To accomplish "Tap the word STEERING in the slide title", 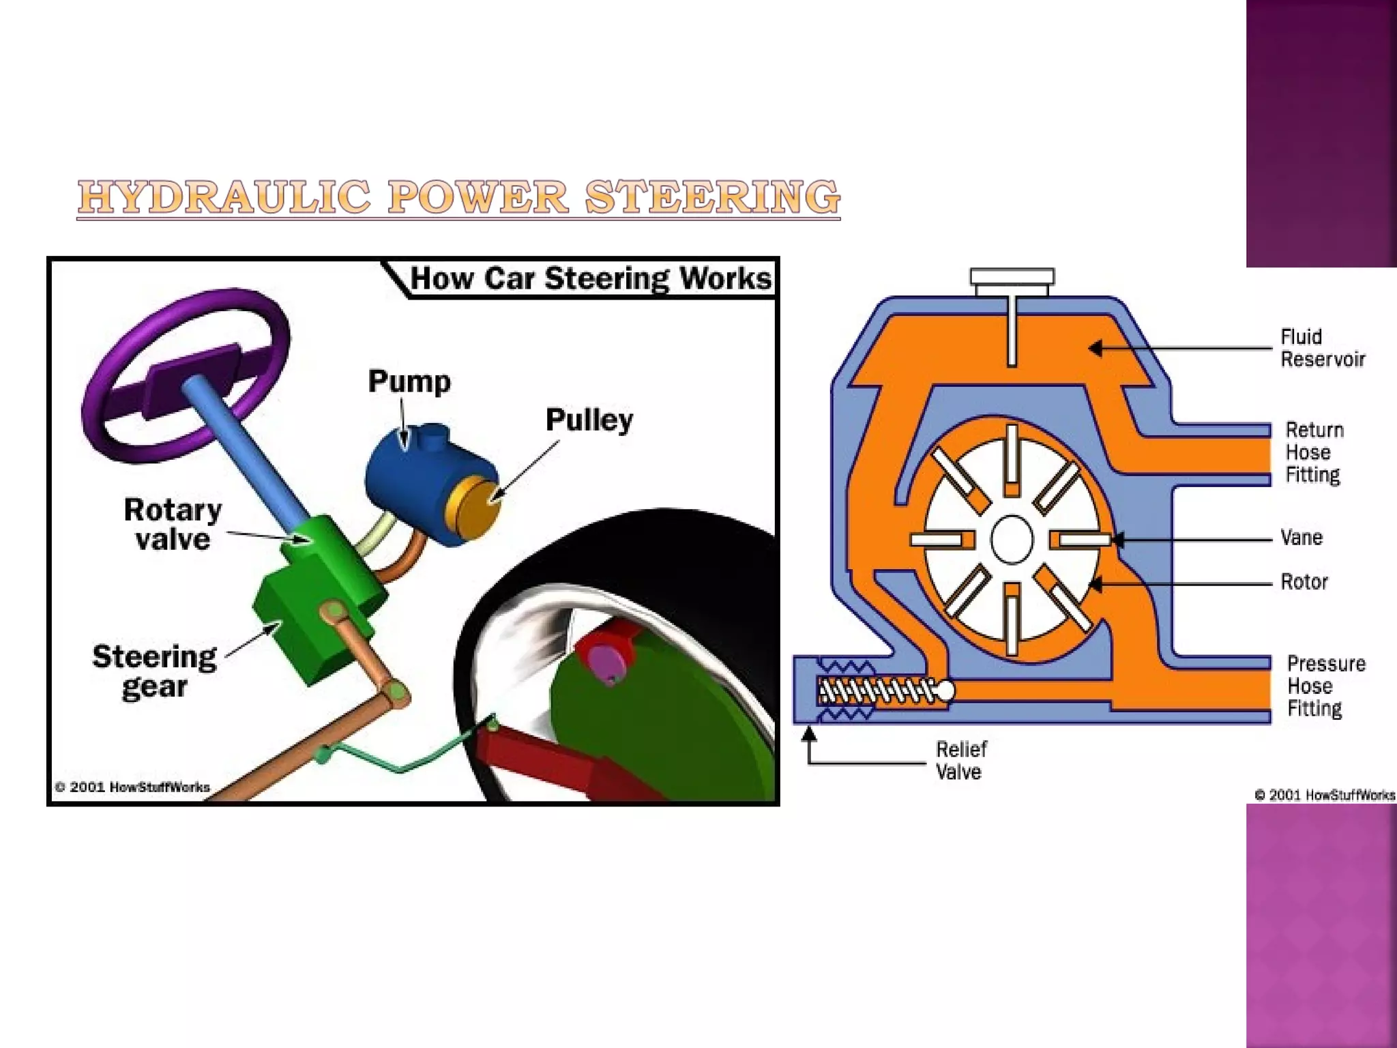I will click(712, 197).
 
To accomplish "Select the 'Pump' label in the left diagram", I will click(409, 381).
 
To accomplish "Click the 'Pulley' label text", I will click(589, 420).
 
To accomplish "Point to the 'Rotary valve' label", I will click(173, 524).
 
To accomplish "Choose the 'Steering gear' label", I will click(155, 671).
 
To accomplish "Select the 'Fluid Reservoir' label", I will click(1322, 348).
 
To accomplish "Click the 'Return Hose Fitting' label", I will click(1314, 452).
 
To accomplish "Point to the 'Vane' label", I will click(1302, 538).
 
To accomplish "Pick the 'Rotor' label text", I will click(1304, 582).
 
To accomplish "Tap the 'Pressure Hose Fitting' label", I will click(1325, 686).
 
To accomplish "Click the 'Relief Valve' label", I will click(960, 760).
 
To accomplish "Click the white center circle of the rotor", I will click(1012, 539).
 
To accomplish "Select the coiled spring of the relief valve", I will click(877, 691).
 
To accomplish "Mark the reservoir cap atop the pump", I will click(1012, 278).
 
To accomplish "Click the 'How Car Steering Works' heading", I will click(591, 278).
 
